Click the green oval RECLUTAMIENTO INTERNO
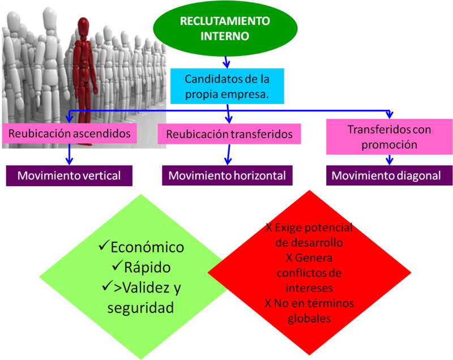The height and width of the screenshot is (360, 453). (x=225, y=29)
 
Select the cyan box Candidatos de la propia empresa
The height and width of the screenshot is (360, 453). (x=226, y=87)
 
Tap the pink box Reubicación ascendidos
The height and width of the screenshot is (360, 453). (x=70, y=134)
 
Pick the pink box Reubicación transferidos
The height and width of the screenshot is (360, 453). (x=229, y=134)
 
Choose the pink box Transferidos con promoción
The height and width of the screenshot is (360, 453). (x=389, y=137)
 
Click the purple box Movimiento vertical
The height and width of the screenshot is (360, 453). (x=69, y=175)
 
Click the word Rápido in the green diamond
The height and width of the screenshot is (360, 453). (x=148, y=267)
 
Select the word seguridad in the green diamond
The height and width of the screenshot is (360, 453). (x=140, y=308)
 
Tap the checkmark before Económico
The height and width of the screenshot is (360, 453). (x=103, y=247)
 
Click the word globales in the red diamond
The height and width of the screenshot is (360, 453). (x=309, y=319)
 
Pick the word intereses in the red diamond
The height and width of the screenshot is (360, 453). (x=309, y=288)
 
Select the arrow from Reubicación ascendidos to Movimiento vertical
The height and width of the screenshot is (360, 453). (x=69, y=154)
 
